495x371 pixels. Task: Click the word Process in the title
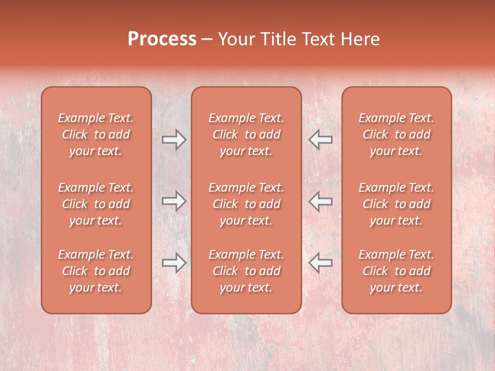pos(162,39)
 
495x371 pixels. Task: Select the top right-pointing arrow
pos(174,139)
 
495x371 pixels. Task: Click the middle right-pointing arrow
pos(174,201)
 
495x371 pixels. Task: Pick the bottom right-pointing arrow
pos(174,263)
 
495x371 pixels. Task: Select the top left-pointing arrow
pos(320,139)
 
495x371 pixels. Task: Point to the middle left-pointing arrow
pos(320,201)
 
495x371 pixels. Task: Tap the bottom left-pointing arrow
pos(320,263)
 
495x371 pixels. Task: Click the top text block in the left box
pos(96,134)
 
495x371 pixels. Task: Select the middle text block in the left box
pos(96,204)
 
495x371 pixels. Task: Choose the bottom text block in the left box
pos(96,271)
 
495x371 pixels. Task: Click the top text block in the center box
pos(246,134)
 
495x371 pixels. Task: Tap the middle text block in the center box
pos(246,204)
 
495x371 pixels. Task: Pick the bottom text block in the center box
pos(246,271)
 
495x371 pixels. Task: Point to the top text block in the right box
pos(396,134)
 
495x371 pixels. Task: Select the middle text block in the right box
pos(396,204)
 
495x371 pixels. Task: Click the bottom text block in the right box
pos(396,271)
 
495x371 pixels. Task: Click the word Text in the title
pos(317,39)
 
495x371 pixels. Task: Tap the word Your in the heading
pos(238,39)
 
